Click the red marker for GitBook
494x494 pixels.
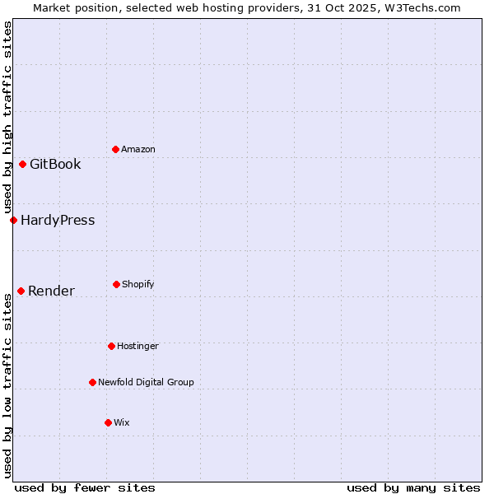tap(22, 164)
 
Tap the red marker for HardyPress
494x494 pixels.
tap(13, 220)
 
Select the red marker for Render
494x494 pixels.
tap(21, 291)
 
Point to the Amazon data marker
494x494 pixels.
tap(115, 149)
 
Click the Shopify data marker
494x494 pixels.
tap(116, 284)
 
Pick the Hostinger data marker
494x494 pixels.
tap(111, 346)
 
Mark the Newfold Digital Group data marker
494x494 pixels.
tap(92, 382)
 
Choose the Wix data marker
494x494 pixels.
tap(108, 422)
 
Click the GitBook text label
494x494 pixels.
tap(55, 164)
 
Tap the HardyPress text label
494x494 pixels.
tap(58, 220)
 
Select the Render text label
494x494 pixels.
tap(51, 291)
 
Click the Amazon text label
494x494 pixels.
tap(138, 149)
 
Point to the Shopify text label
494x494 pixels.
tap(138, 284)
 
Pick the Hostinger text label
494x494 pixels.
tap(137, 346)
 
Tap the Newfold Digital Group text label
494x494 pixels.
tap(146, 382)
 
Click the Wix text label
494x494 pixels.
tap(122, 422)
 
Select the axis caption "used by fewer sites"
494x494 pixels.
tap(85, 487)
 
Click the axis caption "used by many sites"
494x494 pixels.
tap(413, 487)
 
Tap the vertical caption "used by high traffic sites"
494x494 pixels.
tap(7, 118)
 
